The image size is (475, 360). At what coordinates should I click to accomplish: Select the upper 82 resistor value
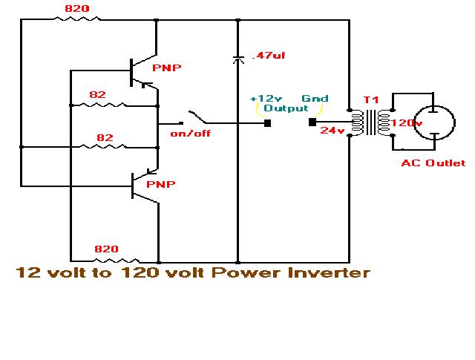point(98,94)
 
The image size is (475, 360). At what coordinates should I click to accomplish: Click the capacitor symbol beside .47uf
point(237,58)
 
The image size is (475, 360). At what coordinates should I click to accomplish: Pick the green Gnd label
point(314,99)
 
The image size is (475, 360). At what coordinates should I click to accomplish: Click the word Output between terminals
point(286,108)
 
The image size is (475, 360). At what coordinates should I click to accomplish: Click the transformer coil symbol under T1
point(368,124)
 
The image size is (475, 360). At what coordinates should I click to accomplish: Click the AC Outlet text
point(433,163)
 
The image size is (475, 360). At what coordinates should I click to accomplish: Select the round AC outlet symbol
point(433,121)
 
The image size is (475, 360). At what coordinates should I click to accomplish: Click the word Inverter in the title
point(330,273)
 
